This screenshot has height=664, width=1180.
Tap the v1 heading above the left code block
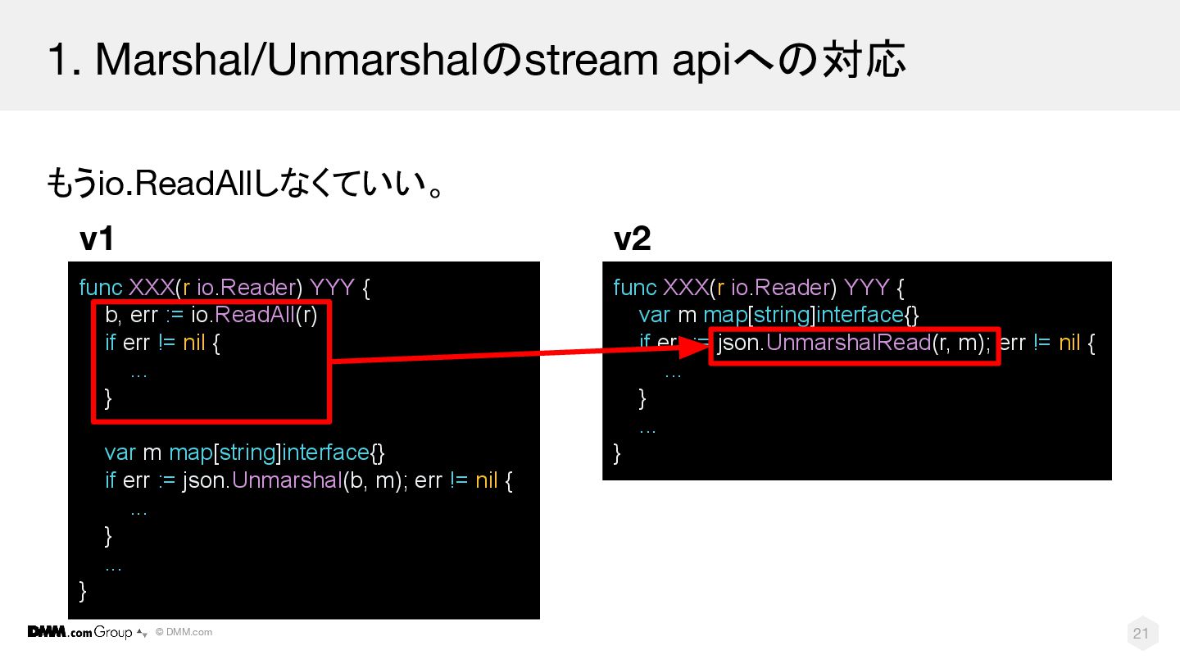[x=96, y=240]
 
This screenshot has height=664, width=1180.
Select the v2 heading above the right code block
[x=632, y=239]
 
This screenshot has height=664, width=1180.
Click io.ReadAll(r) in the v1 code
[x=254, y=315]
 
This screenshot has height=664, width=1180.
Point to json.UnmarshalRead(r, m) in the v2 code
[x=853, y=343]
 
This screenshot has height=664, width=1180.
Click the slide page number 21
[x=1141, y=633]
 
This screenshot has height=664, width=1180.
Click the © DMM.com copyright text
[x=184, y=632]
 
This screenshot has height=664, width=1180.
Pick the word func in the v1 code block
[x=101, y=288]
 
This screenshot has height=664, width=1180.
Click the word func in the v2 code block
[x=635, y=288]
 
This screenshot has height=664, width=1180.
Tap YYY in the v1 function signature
[x=332, y=288]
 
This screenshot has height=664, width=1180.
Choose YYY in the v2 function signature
[x=866, y=288]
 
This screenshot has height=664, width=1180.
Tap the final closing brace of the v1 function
[x=83, y=591]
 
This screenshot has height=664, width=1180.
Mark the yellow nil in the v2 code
[x=1069, y=343]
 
